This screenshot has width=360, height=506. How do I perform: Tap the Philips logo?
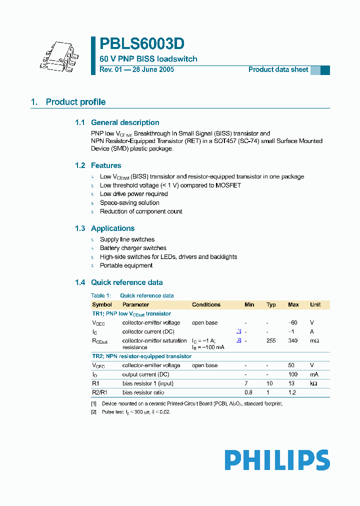coord(277,460)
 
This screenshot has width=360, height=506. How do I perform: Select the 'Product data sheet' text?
coord(278,70)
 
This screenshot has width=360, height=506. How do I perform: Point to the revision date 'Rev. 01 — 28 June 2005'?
coord(136,70)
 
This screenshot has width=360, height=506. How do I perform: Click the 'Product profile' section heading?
coord(75,102)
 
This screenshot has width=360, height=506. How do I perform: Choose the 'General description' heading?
coord(125,122)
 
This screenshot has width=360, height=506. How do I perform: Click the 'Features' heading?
coord(105,165)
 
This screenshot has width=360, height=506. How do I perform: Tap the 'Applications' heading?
coord(112,228)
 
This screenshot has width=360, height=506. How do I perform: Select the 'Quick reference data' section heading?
coord(126,282)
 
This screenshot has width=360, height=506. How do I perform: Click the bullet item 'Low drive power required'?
coord(133,194)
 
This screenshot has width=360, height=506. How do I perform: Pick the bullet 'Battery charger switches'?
coord(133,248)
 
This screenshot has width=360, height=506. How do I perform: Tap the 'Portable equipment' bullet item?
coord(126,265)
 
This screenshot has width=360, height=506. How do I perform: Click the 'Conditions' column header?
coord(206,304)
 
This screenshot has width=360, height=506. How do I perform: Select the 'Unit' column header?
coord(315,304)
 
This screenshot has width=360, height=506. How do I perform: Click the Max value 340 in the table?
coord(293,340)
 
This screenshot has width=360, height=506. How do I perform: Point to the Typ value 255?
coord(271,340)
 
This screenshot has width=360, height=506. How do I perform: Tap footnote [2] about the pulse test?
coord(135,412)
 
